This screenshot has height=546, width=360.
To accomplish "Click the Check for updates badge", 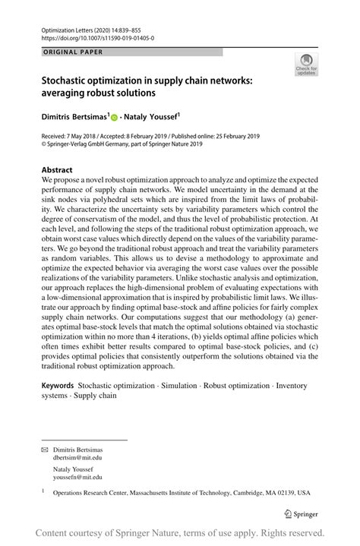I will pos(306,65).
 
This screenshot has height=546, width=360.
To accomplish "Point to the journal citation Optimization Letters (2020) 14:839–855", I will pos(93,27).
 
